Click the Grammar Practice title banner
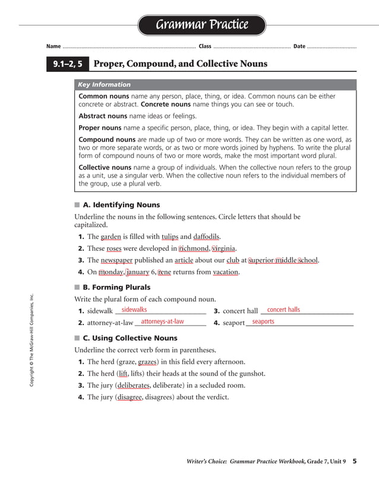201,25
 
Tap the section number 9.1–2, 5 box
68,64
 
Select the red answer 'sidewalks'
134,310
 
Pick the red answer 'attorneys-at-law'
162,322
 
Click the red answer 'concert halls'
283,310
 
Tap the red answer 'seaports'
263,322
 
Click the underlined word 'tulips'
170,237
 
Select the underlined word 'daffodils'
207,237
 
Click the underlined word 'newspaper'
118,260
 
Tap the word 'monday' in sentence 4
111,272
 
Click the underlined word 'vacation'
226,272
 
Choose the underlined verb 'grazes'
147,362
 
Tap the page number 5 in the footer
354,461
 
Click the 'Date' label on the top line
299,46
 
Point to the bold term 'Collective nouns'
105,168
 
